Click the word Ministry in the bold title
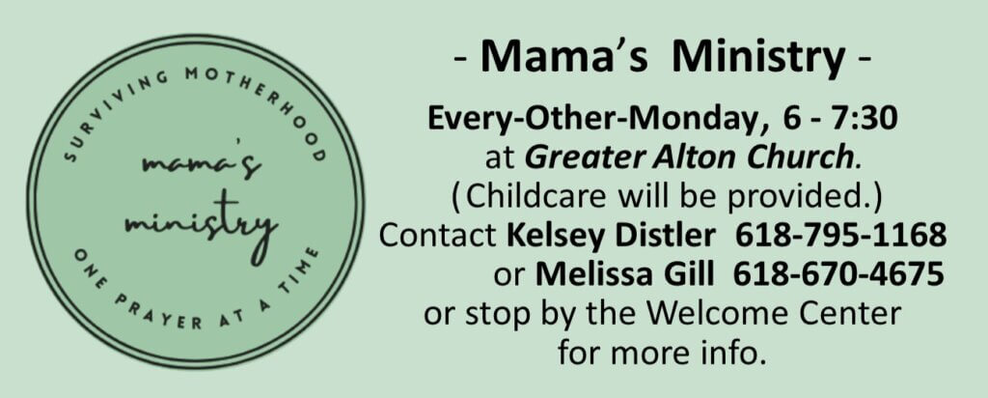(x=758, y=57)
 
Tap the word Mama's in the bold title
(x=563, y=57)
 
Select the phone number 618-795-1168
(x=840, y=236)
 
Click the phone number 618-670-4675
(x=838, y=274)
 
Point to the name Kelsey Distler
(x=611, y=237)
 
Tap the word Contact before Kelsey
(x=438, y=236)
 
